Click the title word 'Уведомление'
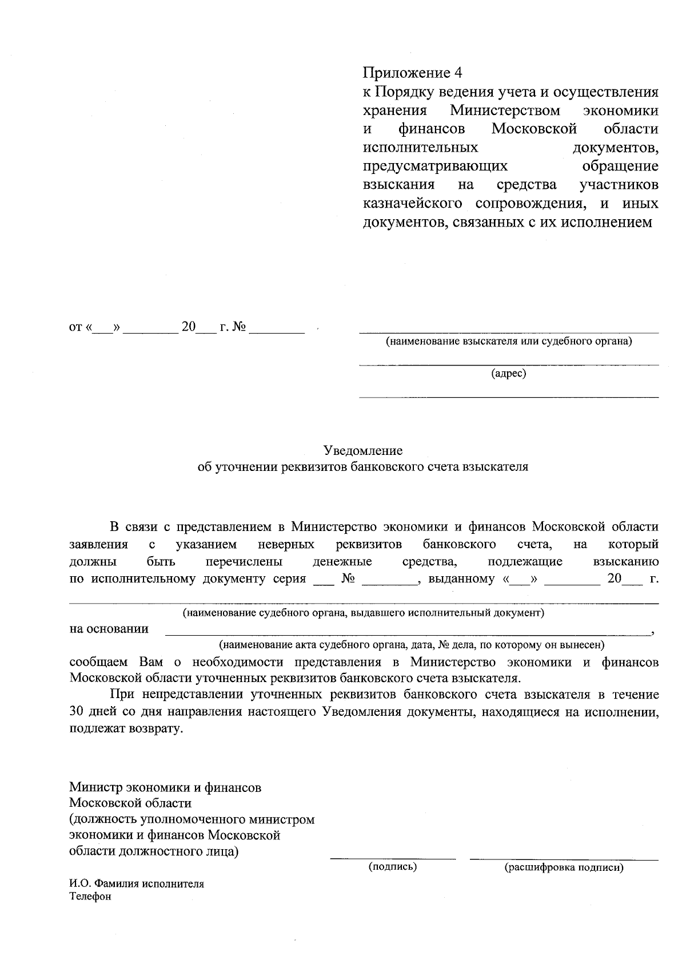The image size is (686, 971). [363, 450]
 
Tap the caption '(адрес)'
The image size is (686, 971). [508, 374]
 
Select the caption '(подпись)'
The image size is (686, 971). [393, 866]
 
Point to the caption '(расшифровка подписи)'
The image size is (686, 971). [563, 867]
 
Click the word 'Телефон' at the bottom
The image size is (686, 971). [90, 896]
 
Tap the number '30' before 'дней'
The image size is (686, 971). [77, 712]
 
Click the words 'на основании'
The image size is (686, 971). [109, 629]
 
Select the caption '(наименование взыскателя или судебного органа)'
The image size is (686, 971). [508, 342]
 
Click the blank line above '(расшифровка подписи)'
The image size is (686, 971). [563, 858]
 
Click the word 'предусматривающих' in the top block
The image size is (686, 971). [435, 166]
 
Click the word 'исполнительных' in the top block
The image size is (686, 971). [420, 148]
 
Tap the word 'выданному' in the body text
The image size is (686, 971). [461, 578]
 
